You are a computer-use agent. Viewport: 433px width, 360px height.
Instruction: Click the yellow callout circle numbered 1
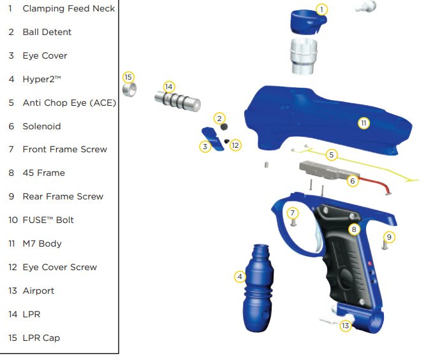coord(321,10)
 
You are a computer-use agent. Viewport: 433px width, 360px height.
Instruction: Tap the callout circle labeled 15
coord(128,77)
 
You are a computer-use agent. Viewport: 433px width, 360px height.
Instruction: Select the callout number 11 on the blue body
coord(363,123)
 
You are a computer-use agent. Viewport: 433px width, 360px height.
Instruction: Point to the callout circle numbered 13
coord(346,326)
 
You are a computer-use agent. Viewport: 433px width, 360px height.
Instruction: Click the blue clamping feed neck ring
coord(307,23)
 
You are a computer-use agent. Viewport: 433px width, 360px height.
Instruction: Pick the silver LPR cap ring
coord(129,89)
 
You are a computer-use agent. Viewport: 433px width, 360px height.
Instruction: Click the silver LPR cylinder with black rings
coord(177,101)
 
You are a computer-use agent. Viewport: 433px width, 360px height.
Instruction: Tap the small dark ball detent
coord(224,127)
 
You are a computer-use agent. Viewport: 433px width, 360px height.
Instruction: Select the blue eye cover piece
coord(212,139)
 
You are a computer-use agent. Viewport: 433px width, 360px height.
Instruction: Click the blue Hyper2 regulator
coord(258,288)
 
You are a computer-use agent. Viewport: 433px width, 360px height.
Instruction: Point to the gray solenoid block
coord(328,170)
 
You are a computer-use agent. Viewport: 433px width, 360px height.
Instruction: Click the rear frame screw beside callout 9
coord(385,245)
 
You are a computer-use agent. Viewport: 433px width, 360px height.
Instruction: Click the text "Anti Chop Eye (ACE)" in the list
coord(70,103)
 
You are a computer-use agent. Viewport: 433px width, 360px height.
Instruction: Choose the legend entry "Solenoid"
coord(41,126)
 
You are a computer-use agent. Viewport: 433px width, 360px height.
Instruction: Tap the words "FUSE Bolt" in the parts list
coord(48,220)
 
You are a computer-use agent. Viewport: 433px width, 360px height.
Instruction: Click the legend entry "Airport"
coord(38,291)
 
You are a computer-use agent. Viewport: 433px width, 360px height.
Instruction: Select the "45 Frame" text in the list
coord(43,173)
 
